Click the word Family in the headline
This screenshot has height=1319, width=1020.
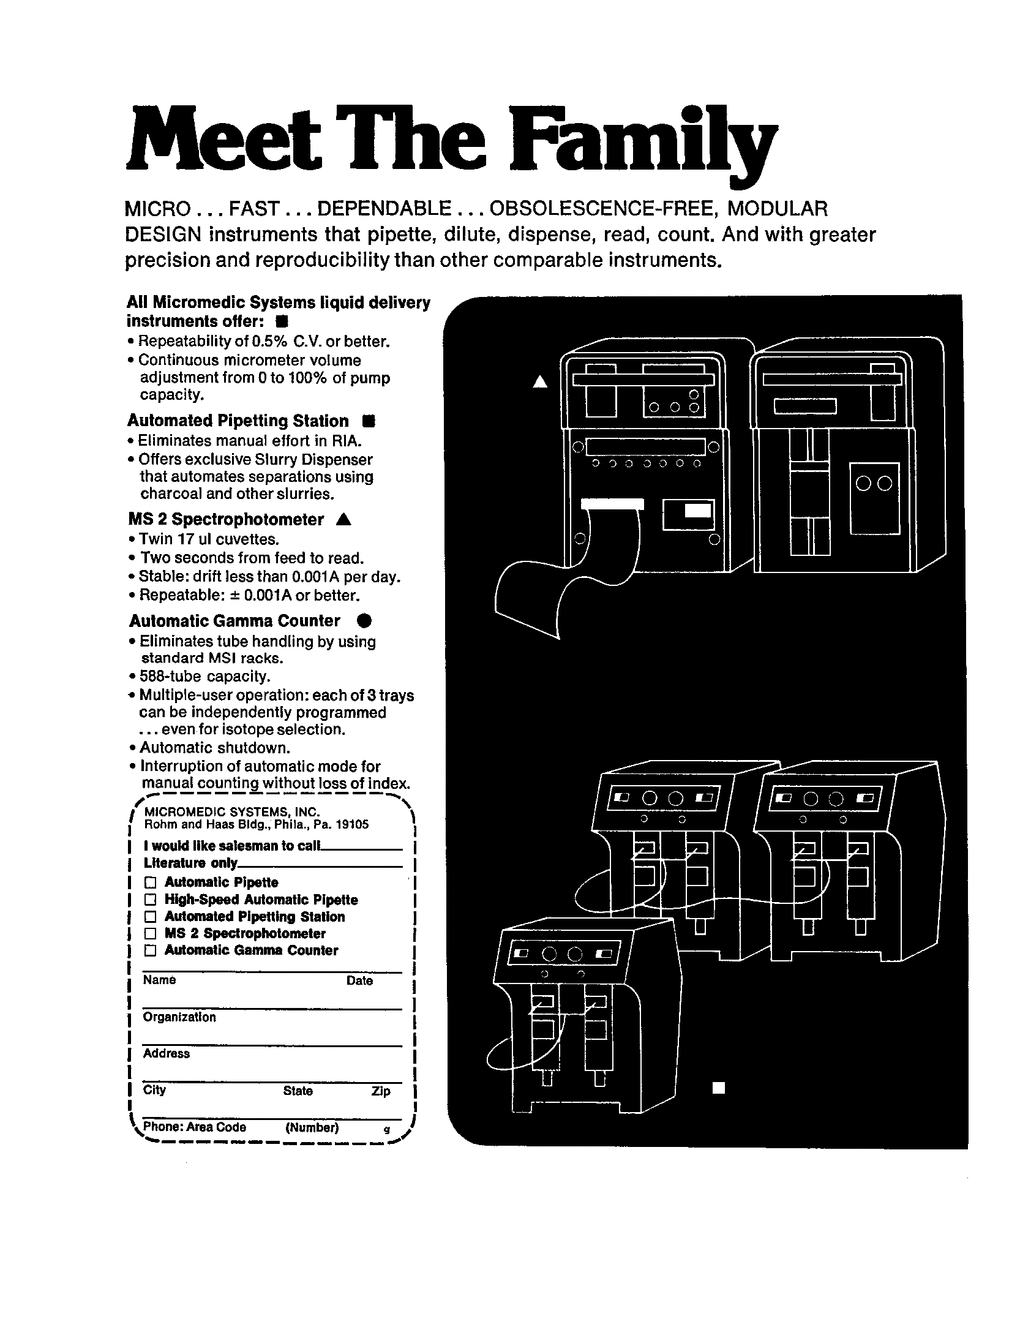click(x=643, y=142)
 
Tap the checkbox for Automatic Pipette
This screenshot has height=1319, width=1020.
click(x=150, y=882)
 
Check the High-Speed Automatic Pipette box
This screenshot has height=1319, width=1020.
click(x=150, y=899)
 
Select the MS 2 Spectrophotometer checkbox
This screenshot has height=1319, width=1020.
click(x=150, y=933)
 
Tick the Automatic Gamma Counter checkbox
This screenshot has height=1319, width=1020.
click(x=150, y=950)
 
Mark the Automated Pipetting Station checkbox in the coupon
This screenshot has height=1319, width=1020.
click(x=150, y=916)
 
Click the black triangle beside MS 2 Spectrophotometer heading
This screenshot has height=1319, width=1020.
click(x=344, y=519)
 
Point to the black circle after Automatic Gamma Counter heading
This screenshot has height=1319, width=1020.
click(x=365, y=620)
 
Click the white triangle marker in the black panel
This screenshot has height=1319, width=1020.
click(x=540, y=381)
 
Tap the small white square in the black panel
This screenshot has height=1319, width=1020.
click(x=719, y=1088)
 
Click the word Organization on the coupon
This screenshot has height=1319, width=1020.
click(x=179, y=1017)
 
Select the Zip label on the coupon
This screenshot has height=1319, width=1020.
click(x=381, y=1091)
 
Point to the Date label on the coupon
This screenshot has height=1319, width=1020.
click(x=360, y=981)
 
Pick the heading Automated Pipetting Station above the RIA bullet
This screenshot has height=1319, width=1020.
click(x=238, y=420)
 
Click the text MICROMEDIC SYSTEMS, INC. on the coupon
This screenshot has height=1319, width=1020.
click(x=232, y=812)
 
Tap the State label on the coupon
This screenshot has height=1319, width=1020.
click(x=298, y=1091)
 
